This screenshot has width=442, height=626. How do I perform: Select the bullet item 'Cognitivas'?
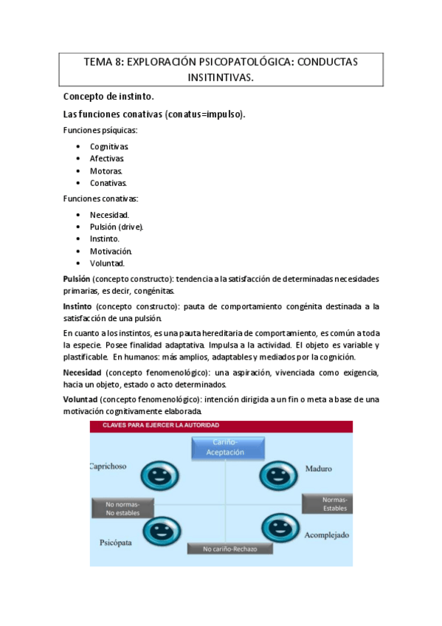tap(109, 146)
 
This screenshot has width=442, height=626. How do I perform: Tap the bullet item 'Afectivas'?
tap(107, 158)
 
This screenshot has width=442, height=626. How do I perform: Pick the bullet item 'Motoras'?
tap(106, 171)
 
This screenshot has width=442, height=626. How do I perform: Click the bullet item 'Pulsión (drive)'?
tap(117, 227)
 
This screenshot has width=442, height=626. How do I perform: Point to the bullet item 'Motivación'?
tap(111, 251)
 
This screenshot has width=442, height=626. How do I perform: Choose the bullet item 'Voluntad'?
tap(107, 263)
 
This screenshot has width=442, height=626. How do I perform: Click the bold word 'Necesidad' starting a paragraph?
tap(82, 372)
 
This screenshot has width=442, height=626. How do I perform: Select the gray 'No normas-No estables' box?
tap(123, 508)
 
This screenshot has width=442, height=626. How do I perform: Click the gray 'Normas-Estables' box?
tap(326, 504)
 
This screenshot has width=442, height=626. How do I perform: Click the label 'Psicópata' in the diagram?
tap(116, 543)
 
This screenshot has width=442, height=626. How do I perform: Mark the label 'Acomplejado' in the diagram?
tap(326, 534)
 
